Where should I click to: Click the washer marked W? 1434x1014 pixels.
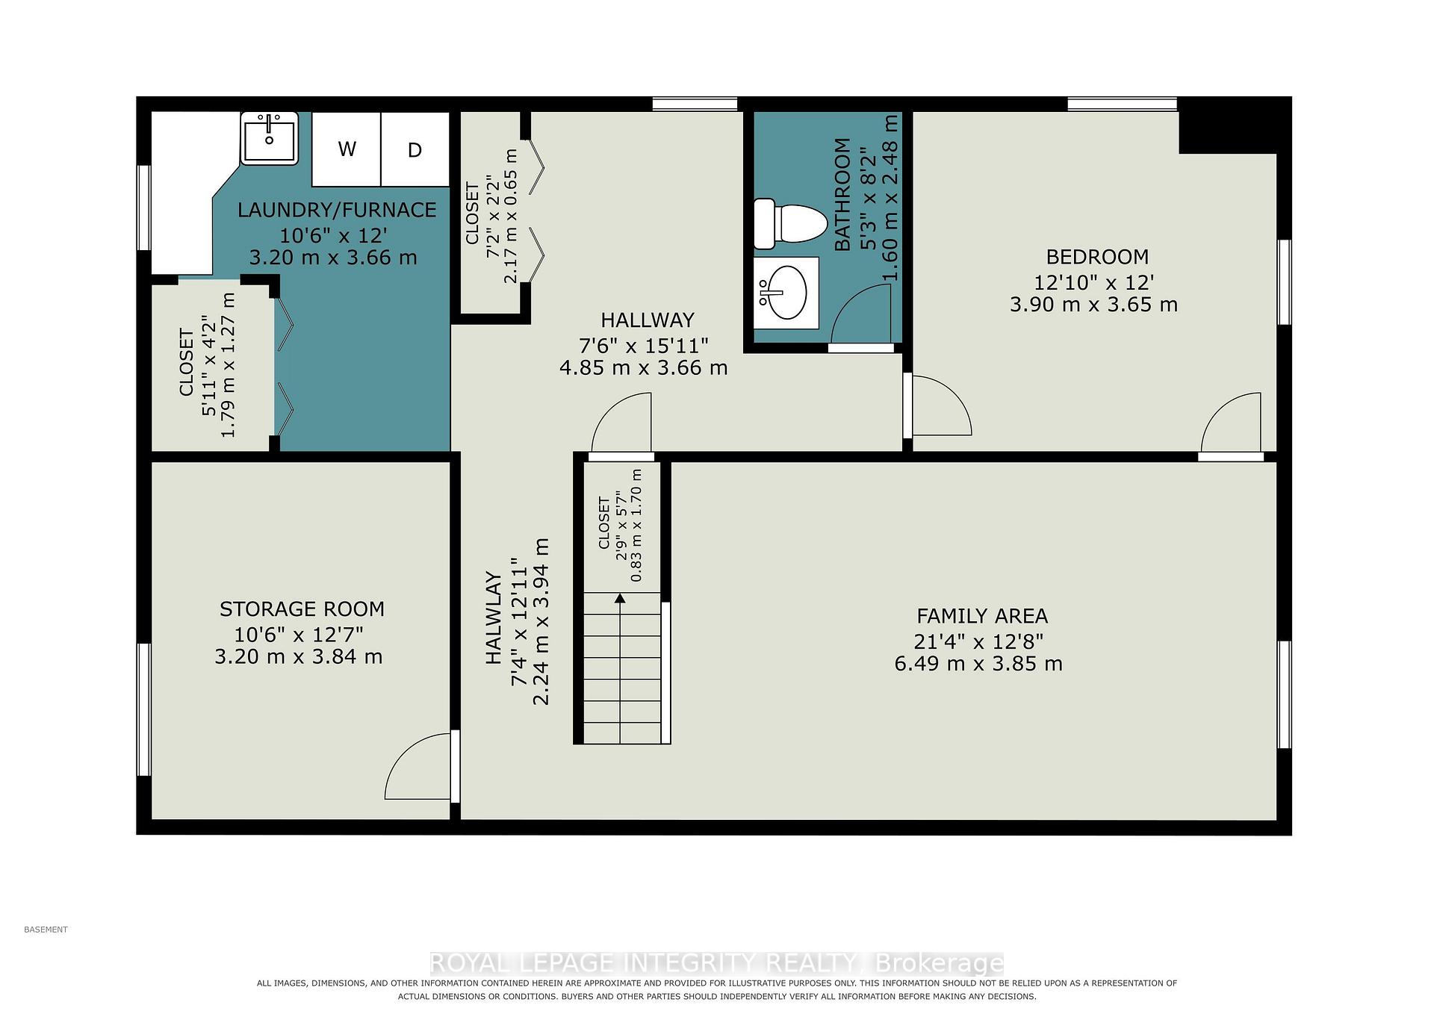tap(347, 149)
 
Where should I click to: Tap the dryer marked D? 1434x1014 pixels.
tap(415, 149)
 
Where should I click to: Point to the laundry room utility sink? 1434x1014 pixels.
tap(269, 138)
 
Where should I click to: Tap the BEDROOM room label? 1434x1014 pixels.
tap(1097, 257)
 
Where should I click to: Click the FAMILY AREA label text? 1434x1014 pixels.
tap(982, 616)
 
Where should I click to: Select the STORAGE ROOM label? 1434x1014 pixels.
tap(302, 609)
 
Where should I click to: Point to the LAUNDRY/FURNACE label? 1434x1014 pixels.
tap(337, 210)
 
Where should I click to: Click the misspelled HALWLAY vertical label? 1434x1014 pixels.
tap(494, 618)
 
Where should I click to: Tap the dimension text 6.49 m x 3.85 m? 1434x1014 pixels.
tap(978, 664)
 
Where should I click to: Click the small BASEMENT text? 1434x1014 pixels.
tap(46, 930)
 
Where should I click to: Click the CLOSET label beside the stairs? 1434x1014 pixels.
tap(604, 523)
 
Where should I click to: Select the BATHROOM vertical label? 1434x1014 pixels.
tap(842, 194)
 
